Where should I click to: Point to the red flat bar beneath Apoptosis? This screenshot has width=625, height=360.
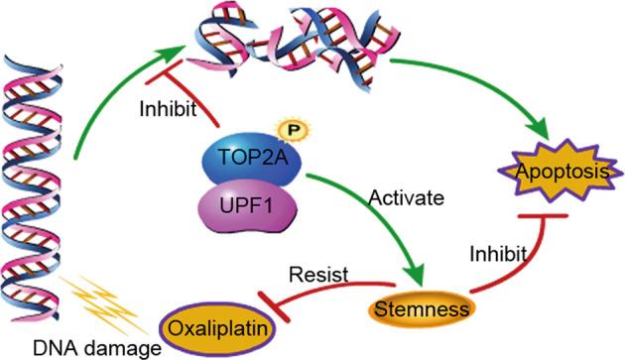coord(540,214)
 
